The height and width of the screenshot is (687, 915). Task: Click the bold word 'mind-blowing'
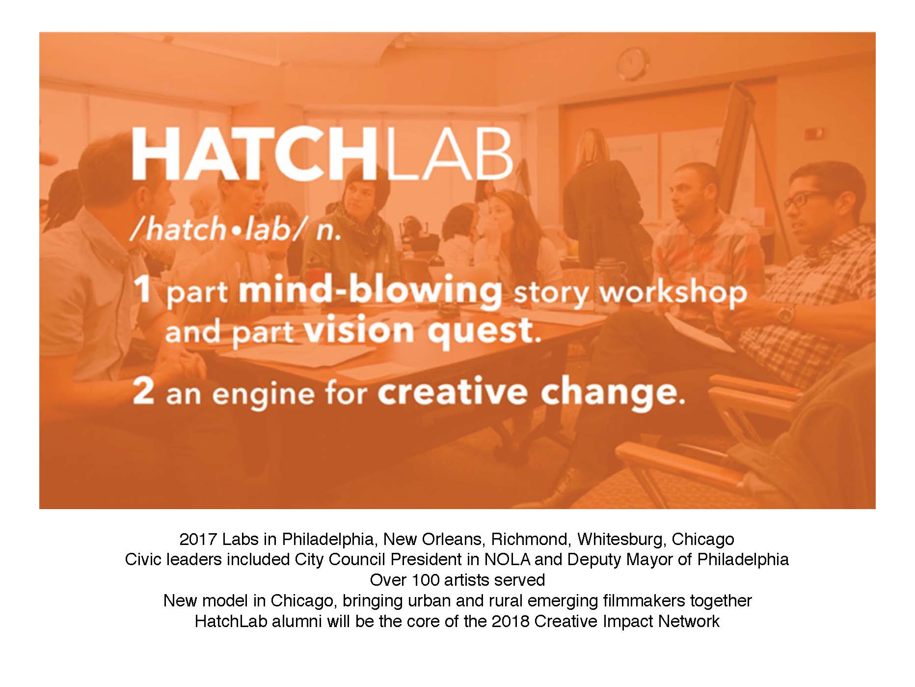coord(370,291)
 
